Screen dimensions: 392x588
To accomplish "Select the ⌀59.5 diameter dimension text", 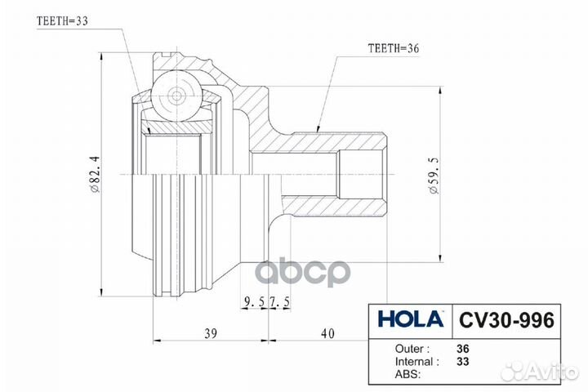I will click(x=434, y=176).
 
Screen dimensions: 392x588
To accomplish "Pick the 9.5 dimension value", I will click(x=253, y=304).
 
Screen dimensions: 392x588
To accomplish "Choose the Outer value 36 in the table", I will click(x=463, y=347).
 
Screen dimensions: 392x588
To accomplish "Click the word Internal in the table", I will click(x=412, y=360).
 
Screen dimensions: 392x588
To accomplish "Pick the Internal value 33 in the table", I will click(x=463, y=360).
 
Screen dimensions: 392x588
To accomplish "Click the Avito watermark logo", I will click(x=542, y=371).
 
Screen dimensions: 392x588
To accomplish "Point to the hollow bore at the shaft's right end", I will click(x=359, y=176).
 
